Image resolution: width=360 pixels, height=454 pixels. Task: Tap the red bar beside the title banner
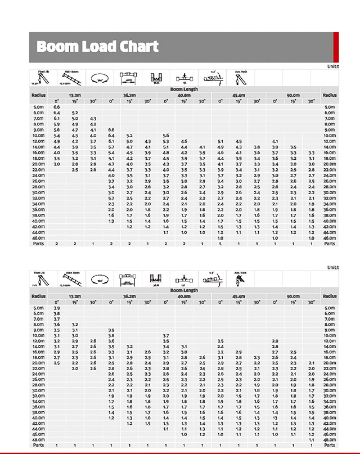click(x=336, y=47)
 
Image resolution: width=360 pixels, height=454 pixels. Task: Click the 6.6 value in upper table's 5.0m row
click(x=56, y=107)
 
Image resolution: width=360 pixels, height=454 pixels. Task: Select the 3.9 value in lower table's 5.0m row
click(x=56, y=308)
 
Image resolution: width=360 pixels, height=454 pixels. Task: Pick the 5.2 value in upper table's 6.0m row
click(x=75, y=113)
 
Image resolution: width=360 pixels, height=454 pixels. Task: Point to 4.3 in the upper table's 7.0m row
click(x=93, y=119)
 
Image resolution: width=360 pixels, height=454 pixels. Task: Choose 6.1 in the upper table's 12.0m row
click(x=111, y=141)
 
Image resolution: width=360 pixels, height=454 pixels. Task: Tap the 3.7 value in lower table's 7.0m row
click(x=56, y=319)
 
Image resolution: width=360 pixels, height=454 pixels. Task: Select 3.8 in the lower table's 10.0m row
click(x=111, y=335)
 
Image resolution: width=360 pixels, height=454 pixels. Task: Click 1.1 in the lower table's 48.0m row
click(x=311, y=439)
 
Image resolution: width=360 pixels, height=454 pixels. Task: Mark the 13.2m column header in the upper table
click(x=75, y=95)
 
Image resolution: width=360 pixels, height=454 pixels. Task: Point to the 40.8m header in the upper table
click(x=184, y=95)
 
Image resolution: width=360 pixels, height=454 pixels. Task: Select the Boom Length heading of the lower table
click(x=184, y=291)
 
